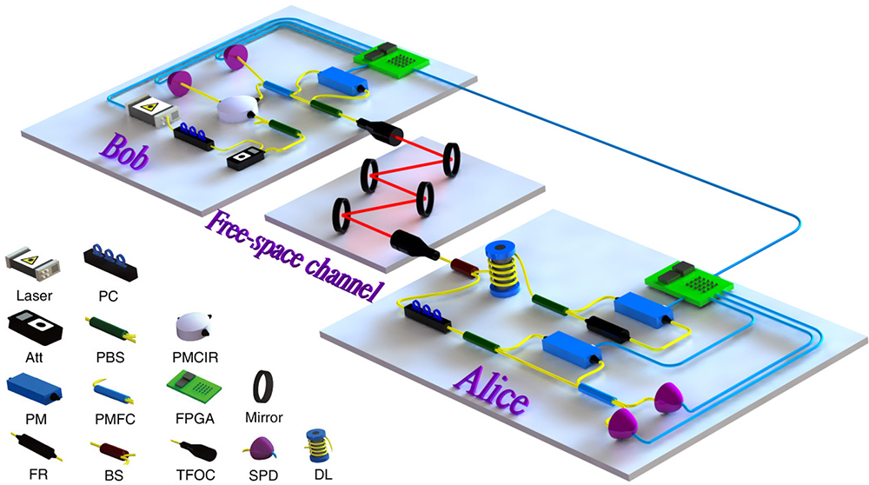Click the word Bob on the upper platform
tap(124, 150)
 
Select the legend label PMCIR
tap(195, 357)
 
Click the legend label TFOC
tap(194, 475)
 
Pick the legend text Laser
tap(35, 296)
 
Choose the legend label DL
tap(323, 475)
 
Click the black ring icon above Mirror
tap(263, 387)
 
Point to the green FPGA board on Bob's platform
tap(391, 59)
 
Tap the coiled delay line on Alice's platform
tap(502, 269)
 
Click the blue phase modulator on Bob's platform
tap(342, 80)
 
